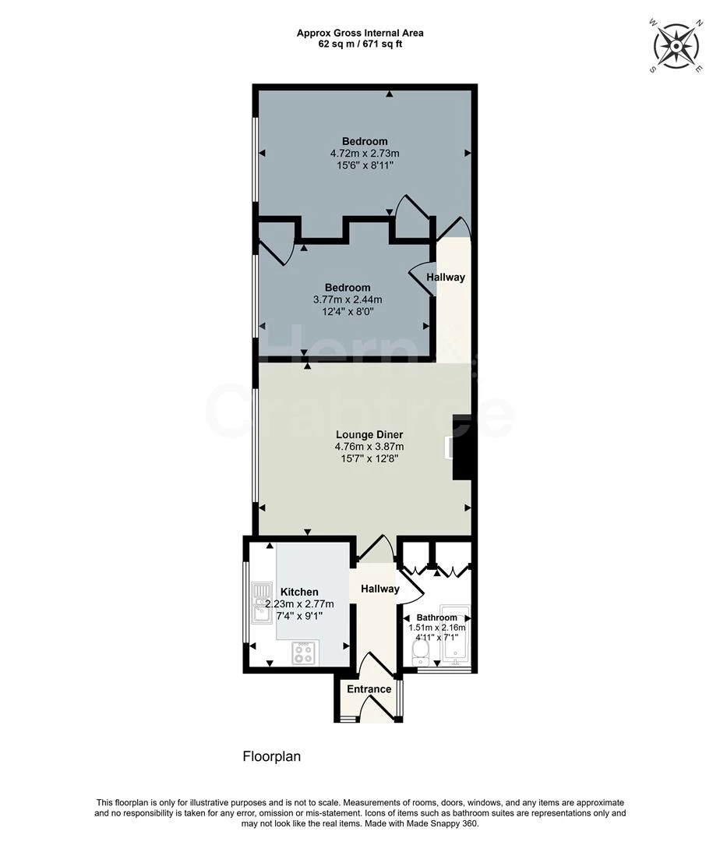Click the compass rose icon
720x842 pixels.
tap(674, 46)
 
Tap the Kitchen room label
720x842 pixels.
tap(299, 593)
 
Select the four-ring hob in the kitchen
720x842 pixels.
tap(303, 653)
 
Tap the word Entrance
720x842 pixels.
tap(369, 689)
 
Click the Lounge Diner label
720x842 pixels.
tap(369, 434)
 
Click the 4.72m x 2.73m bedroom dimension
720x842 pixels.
tap(365, 154)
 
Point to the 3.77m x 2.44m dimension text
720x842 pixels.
tap(347, 299)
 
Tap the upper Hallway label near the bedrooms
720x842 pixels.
tap(446, 278)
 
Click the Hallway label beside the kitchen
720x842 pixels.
tap(379, 589)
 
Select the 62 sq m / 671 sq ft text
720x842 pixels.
tap(360, 44)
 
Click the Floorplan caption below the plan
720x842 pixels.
tap(271, 756)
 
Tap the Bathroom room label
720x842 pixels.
tap(436, 617)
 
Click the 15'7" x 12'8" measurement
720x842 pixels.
tap(369, 458)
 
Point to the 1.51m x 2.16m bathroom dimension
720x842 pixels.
tap(437, 628)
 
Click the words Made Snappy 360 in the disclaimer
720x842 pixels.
tap(447, 823)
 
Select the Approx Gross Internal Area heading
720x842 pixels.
tap(360, 33)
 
